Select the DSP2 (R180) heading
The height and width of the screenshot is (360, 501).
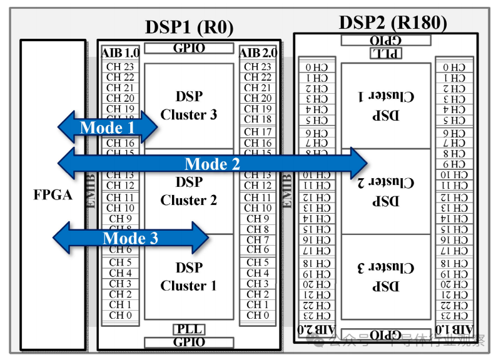pos(393,22)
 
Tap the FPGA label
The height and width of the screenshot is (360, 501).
pos(53,194)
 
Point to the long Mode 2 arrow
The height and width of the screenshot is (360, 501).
pos(213,164)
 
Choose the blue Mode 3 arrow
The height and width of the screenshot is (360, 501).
pos(130,237)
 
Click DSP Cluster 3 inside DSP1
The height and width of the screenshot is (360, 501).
pos(188,106)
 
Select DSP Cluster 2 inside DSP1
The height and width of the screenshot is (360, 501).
pos(188,191)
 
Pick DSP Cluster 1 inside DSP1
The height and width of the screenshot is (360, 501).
pos(188,277)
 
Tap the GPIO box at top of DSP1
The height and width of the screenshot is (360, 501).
pos(189,48)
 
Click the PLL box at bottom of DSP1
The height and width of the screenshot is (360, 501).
pos(189,329)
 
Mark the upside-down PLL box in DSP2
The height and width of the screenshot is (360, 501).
pos(385,53)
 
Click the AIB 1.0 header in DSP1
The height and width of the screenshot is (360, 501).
pos(120,54)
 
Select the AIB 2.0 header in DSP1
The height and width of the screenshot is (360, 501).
pos(258,54)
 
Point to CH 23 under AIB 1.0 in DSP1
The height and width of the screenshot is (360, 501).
pos(120,67)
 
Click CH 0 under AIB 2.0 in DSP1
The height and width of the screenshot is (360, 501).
pos(258,316)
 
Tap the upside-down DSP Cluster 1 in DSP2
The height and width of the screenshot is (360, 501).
pos(385,106)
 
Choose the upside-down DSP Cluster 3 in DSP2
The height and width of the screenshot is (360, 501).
pos(385,277)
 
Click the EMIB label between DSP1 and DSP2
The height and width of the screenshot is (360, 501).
pos(287,191)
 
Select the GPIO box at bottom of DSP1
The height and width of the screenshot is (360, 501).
pos(189,342)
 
